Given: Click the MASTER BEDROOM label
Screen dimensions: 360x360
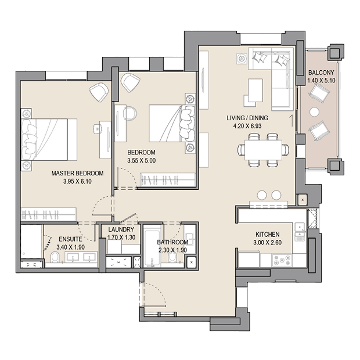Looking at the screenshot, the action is point(77,173).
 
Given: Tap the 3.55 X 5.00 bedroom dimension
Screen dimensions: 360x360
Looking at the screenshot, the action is point(142,160).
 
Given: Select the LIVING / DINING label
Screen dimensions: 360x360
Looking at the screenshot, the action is point(247,118).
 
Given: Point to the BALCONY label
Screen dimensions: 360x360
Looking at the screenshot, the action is point(321,73).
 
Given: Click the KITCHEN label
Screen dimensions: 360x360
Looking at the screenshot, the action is point(268,235).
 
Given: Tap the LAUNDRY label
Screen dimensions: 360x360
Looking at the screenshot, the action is point(121,229).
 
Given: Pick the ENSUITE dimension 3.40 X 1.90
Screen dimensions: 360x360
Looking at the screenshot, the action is point(70,247).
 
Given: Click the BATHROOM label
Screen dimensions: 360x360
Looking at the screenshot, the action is point(172,242).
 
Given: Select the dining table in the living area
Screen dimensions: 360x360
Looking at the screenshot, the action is point(264,150).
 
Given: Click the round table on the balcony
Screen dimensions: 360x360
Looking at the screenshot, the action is point(314,112).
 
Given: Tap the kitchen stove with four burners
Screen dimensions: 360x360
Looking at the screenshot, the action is point(282,260).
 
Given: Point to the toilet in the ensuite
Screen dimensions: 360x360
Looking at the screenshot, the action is point(55,257).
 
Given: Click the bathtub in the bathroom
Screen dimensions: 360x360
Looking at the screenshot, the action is point(152,246).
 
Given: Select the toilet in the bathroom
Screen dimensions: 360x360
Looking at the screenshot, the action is point(172,258).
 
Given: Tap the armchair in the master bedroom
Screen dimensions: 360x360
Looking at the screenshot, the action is point(99,92).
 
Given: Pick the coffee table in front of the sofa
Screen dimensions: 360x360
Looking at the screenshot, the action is point(255,90).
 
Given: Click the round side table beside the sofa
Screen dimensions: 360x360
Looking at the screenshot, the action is point(242,58).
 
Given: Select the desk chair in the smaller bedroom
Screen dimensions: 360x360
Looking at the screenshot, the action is point(130,113).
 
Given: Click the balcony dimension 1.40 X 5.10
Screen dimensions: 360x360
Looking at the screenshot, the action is point(322,81).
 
